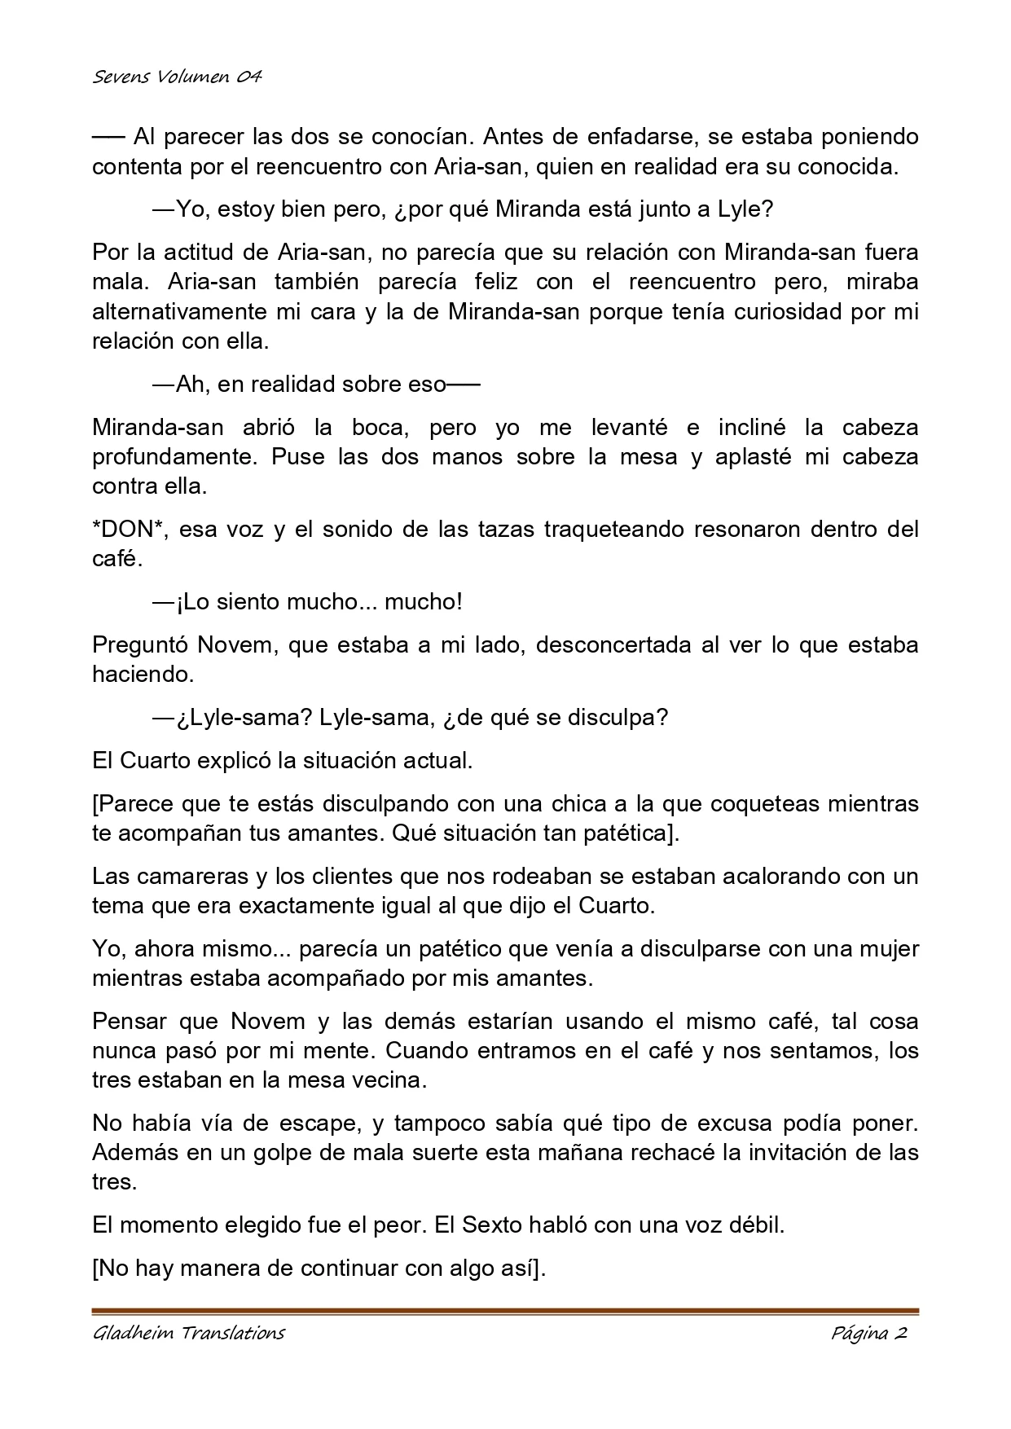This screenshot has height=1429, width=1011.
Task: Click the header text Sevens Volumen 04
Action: (177, 77)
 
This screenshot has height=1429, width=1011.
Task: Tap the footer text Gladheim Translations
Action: (188, 1333)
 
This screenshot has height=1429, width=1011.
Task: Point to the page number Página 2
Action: (869, 1333)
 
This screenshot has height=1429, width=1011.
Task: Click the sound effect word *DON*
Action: (130, 530)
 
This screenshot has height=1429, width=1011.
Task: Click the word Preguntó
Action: (140, 645)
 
